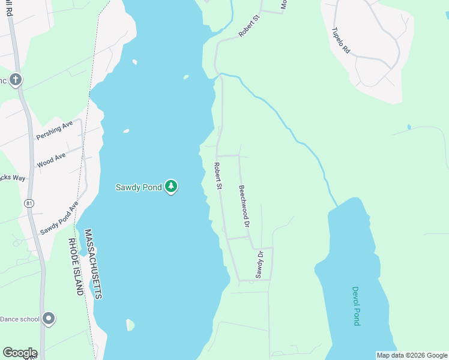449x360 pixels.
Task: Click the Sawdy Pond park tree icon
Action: (172, 187)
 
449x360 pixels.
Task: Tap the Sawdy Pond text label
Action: (139, 187)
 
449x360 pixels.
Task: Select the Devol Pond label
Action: (356, 305)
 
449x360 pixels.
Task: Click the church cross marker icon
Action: (15, 79)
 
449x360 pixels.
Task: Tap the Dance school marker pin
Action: (49, 319)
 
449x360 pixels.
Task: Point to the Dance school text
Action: (20, 319)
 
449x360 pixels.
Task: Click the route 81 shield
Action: (29, 204)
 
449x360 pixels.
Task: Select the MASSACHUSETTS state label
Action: (94, 263)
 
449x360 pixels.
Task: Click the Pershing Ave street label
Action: (54, 130)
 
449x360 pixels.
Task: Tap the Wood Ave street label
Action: (52, 160)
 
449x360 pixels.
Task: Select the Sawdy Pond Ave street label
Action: (59, 218)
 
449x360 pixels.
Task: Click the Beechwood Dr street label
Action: (244, 206)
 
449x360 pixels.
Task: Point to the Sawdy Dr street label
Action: (260, 265)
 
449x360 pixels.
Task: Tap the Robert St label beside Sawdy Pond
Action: (218, 176)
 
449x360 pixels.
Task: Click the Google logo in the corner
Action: (20, 353)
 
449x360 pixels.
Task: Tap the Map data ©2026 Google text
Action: (412, 355)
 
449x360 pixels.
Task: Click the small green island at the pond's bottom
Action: (130, 325)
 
